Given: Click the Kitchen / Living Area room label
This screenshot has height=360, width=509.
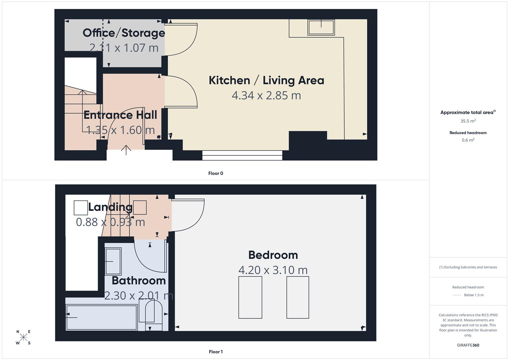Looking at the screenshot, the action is pos(266,80).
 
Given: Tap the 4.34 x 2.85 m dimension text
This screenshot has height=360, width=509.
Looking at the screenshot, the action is pos(266,95).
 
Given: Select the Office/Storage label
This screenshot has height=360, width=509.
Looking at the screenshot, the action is pos(124,33).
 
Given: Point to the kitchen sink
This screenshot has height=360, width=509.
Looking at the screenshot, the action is pos(321,27).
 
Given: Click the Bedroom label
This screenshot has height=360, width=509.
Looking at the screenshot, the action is pos(273,255).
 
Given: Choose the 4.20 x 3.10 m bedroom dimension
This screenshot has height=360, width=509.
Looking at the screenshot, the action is pos(273,270).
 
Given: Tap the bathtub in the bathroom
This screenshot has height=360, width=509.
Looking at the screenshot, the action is pos(102,317).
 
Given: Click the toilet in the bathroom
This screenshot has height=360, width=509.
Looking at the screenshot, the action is pos(150,315).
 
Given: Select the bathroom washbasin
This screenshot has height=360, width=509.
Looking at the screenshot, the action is pos(113,261).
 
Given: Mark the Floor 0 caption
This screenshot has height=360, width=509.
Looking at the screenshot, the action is pos(216,173).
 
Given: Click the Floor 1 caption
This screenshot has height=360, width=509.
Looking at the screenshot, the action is pos(216,352).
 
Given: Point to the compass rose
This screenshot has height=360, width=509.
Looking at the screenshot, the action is pos(23,337).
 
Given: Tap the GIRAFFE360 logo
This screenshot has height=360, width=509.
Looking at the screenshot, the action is pos(468,345).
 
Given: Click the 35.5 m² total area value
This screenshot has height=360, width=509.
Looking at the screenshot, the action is pos(468,121).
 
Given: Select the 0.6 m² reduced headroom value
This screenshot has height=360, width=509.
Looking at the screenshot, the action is pos(468,140).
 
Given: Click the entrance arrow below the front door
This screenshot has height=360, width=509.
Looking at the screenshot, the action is pos(126,150).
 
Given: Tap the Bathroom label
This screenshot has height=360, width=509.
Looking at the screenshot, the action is pos(139,281).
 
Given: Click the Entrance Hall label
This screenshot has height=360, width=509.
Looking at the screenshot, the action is pos(120,115).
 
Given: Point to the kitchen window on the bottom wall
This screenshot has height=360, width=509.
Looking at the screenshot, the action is pos(242,155).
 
